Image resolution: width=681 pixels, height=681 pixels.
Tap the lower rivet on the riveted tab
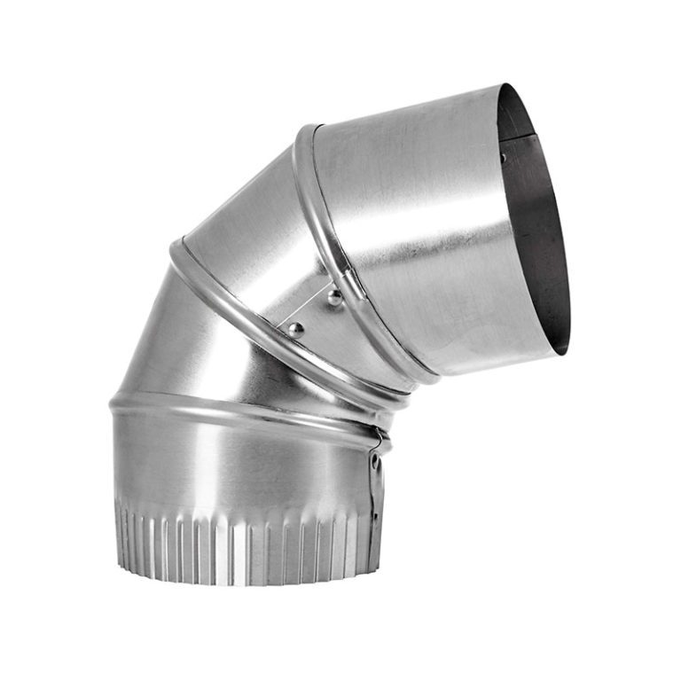pos(295,330)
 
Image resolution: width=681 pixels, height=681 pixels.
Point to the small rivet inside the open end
pos(503,158)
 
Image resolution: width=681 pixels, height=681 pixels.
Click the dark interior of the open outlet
pos(536,222)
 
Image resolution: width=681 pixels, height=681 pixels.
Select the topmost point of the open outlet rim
pos(502,85)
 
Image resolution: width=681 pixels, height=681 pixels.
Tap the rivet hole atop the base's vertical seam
pos(376,462)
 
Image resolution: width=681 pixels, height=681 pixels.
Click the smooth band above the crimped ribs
pos(239,466)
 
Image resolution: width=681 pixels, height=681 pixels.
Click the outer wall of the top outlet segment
pos(417,222)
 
